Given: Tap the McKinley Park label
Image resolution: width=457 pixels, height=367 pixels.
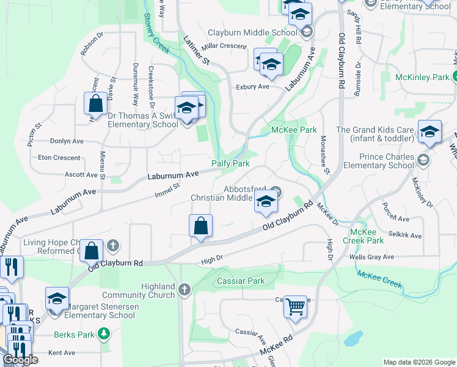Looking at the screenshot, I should click(422, 77).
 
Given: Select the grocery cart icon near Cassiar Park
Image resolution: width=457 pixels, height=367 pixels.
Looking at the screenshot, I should click(295, 305).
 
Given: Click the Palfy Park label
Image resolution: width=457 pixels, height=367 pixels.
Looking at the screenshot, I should click(230, 164).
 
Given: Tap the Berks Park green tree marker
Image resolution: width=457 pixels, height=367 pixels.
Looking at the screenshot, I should click(104, 333).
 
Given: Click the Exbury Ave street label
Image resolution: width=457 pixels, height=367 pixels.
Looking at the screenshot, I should click(252, 87).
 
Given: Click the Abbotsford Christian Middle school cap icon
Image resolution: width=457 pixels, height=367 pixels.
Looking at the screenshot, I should click(266, 202).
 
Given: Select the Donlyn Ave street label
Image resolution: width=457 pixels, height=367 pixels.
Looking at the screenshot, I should click(67, 141).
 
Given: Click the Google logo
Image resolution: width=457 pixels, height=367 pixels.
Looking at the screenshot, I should click(20, 360).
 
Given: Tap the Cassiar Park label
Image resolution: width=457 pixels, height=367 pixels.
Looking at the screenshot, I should click(241, 281).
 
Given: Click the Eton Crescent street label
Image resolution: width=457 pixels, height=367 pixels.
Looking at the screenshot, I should click(59, 157).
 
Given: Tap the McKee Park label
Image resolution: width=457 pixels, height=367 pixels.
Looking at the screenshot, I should click(294, 130).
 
